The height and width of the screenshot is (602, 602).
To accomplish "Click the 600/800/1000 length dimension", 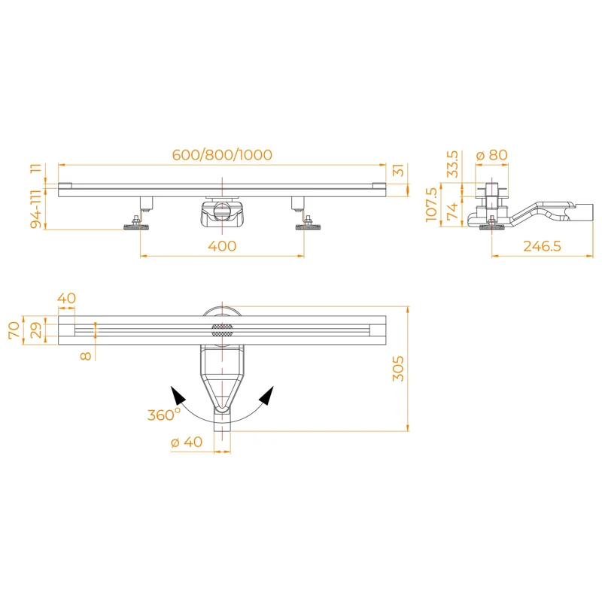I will click(x=222, y=155).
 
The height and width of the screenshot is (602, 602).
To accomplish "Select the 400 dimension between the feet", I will click(x=222, y=246).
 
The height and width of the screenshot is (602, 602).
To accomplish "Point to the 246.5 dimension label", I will click(x=542, y=246).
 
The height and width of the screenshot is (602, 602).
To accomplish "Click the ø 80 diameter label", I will click(x=492, y=155).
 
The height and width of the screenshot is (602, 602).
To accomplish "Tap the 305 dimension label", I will click(x=399, y=368).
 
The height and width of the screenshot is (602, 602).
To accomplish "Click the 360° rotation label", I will click(x=163, y=414).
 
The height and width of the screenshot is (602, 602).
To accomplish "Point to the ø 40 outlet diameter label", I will click(x=187, y=442).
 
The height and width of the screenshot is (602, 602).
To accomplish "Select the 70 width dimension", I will click(x=14, y=330).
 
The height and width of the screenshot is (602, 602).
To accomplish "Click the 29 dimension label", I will click(x=35, y=330).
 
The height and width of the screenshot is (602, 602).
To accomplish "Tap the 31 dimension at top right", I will click(x=399, y=171).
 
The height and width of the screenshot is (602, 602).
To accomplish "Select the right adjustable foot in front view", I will click(x=307, y=224).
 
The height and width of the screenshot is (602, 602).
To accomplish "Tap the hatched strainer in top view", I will click(x=222, y=329).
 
